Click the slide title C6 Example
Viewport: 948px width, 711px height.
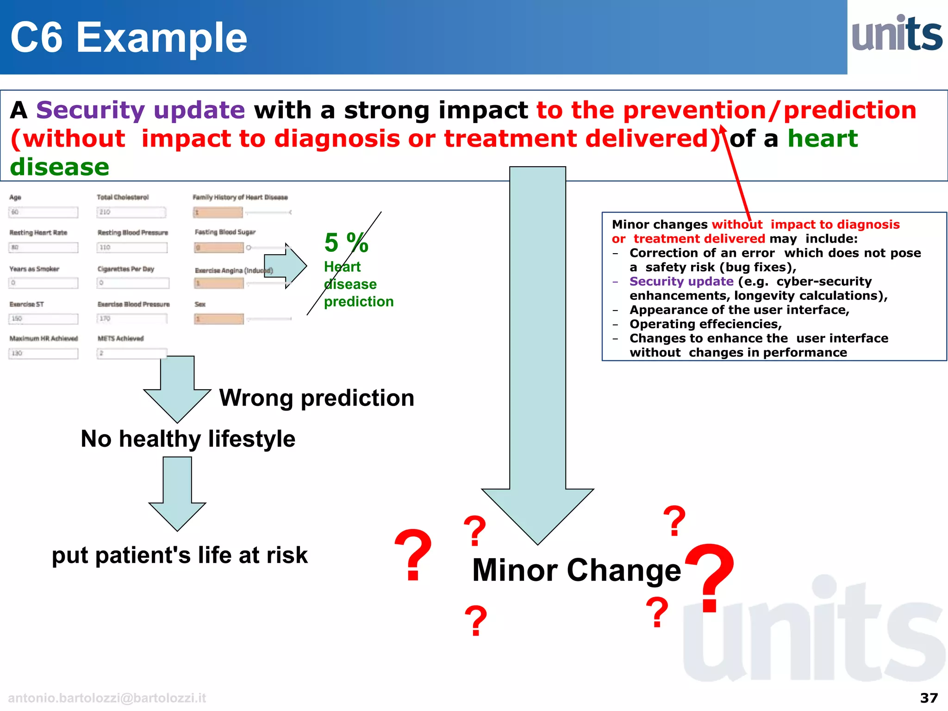coord(129,38)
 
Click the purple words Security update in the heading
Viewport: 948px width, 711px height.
coord(140,110)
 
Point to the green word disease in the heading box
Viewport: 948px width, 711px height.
coord(60,167)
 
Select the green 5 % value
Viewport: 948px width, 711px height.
coord(346,242)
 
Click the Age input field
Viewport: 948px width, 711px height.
coord(43,212)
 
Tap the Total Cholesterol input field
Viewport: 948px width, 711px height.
coord(131,212)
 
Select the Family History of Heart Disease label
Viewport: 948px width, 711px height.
coord(240,197)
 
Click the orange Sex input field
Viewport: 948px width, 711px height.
coord(219,319)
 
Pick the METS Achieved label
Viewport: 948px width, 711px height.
coord(120,338)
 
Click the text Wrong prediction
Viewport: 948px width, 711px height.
coord(317,398)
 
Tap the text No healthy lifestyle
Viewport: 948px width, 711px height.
coord(188,439)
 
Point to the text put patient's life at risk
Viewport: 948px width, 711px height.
coord(180,555)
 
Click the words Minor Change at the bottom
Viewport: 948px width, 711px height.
coord(576,570)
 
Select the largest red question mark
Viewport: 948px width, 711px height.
coord(710,579)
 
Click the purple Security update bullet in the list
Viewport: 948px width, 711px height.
coord(681,281)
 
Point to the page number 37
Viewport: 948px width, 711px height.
coord(929,698)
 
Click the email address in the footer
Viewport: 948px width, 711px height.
coord(107,698)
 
